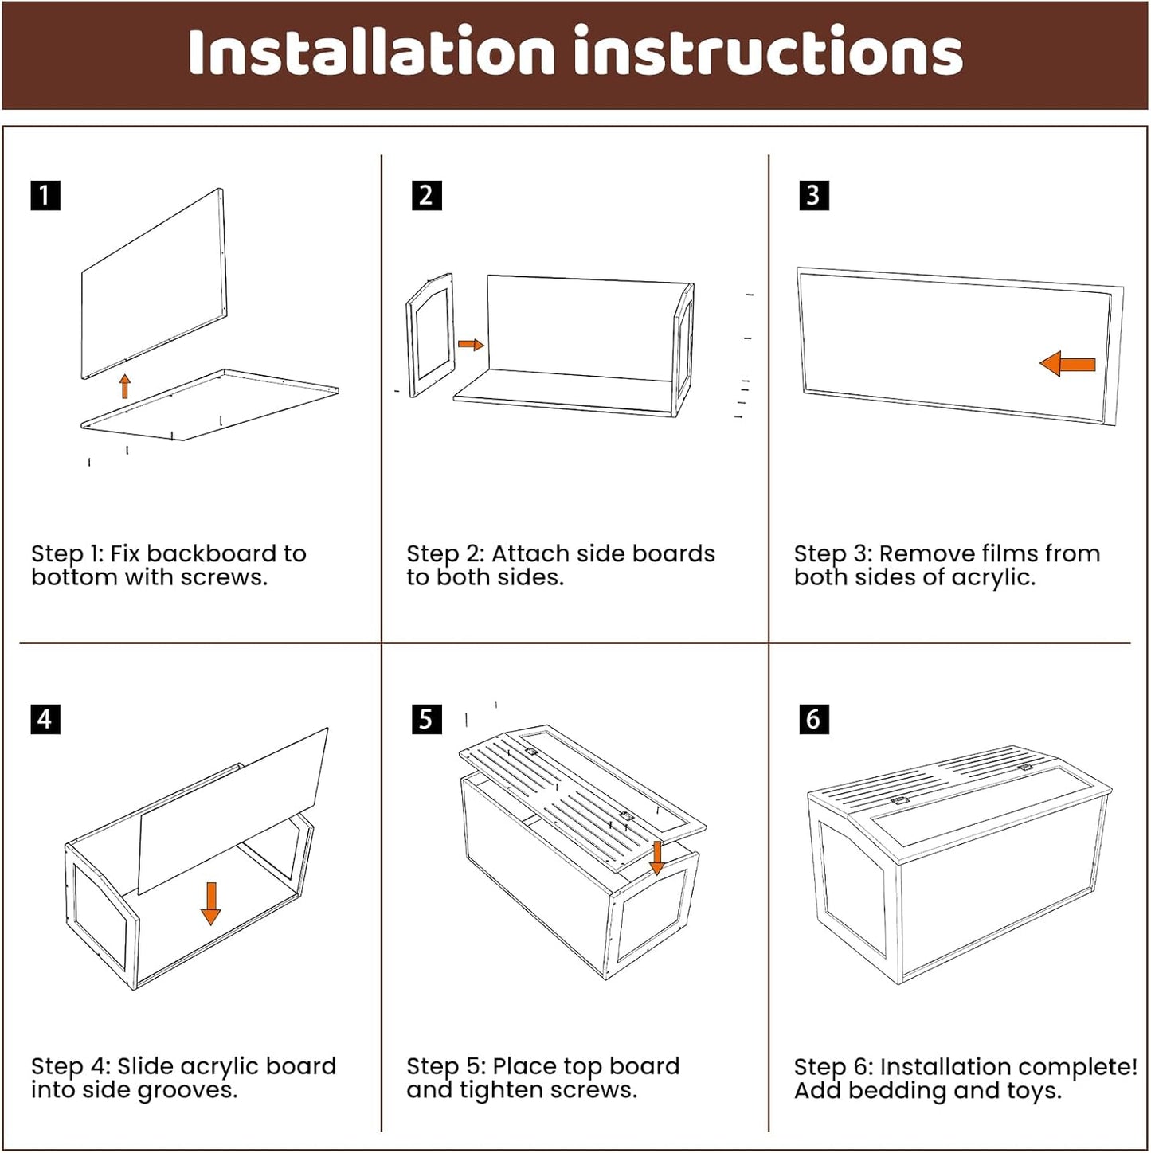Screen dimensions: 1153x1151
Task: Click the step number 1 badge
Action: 45,195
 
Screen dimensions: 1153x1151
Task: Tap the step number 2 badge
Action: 426,195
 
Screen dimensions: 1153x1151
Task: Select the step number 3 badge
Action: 813,195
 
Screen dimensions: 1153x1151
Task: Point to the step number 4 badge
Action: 45,719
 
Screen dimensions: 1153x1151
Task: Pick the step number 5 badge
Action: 426,719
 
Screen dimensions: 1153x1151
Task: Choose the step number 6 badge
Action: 813,719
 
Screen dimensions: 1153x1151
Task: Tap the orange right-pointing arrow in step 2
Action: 471,344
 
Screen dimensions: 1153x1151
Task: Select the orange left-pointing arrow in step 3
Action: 1067,364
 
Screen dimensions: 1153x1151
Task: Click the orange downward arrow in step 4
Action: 210,903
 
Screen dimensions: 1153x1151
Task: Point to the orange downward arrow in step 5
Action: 656,857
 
